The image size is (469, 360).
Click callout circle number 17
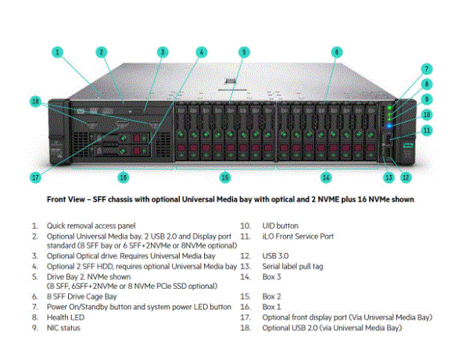35,178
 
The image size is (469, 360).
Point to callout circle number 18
35,102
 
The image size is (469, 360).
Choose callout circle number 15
225,178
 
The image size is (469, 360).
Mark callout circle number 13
388,178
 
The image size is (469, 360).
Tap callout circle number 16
123,178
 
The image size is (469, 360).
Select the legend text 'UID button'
280,225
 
